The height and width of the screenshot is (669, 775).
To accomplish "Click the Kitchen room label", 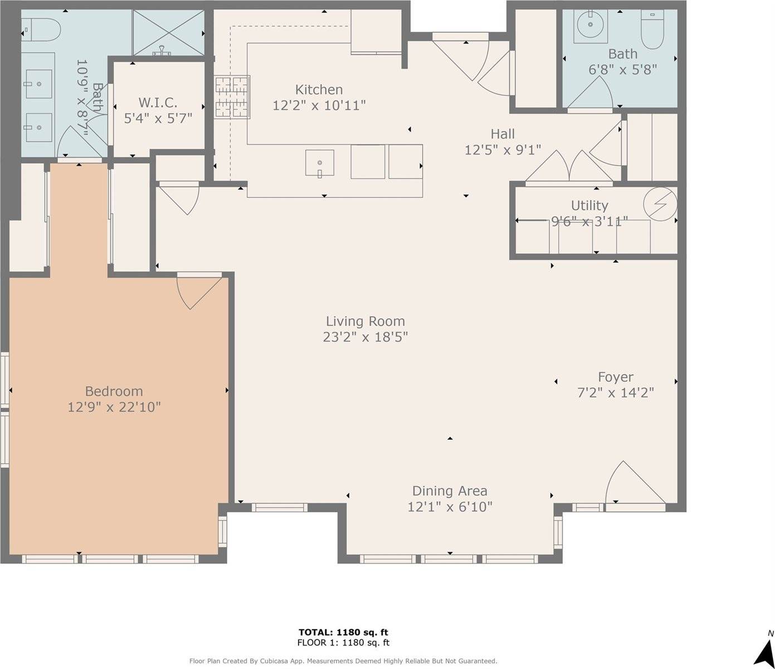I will click(319, 90).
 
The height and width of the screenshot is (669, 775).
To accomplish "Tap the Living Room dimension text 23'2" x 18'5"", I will click(365, 337).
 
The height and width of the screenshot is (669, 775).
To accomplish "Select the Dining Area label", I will click(450, 491).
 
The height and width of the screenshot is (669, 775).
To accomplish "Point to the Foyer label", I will click(616, 377).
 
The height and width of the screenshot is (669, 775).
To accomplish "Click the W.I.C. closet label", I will click(158, 103).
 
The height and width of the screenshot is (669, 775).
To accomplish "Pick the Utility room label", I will click(589, 206).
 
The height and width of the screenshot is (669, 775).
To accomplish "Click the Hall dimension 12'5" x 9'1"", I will click(503, 150).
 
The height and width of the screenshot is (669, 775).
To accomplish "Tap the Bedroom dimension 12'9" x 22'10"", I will click(114, 407).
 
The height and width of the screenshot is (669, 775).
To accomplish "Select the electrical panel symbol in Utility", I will click(660, 204).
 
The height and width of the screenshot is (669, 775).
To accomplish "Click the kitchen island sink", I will click(320, 163).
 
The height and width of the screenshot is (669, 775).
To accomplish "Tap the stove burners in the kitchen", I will click(232, 97).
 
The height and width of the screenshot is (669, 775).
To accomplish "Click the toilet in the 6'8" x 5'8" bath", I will click(652, 29).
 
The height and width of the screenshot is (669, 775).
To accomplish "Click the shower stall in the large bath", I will click(168, 33).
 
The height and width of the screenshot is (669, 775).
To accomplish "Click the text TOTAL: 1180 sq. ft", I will click(343, 632).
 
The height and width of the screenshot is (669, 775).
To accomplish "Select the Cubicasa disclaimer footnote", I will click(343, 661).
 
